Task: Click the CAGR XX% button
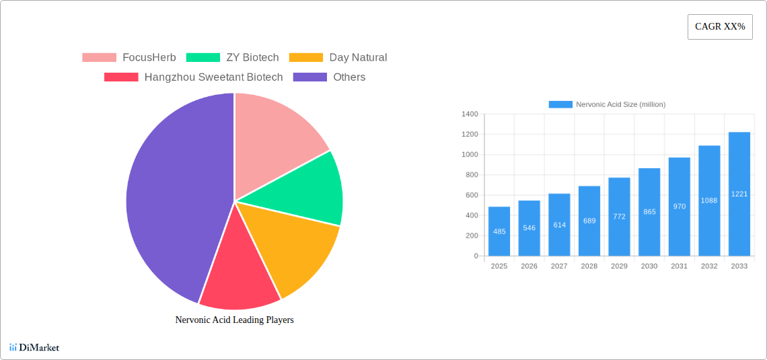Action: click(x=719, y=27)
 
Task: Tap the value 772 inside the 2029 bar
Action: click(x=619, y=217)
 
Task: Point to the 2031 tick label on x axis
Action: click(x=679, y=266)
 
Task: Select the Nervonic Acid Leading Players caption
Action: click(x=234, y=320)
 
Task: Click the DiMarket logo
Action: click(x=34, y=348)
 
